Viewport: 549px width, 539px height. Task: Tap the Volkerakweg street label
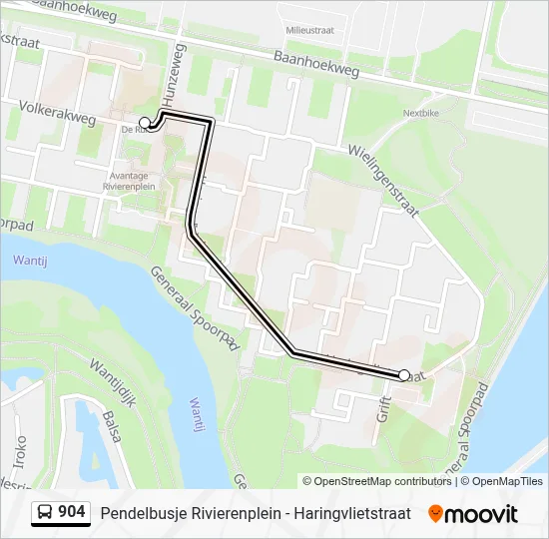[55, 111]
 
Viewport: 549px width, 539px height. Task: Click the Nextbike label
[421, 114]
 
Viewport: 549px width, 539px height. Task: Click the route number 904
[71, 513]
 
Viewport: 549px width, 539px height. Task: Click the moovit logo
[473, 514]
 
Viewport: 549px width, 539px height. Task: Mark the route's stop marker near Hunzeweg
[145, 123]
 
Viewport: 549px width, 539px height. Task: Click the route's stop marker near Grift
[404, 375]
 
